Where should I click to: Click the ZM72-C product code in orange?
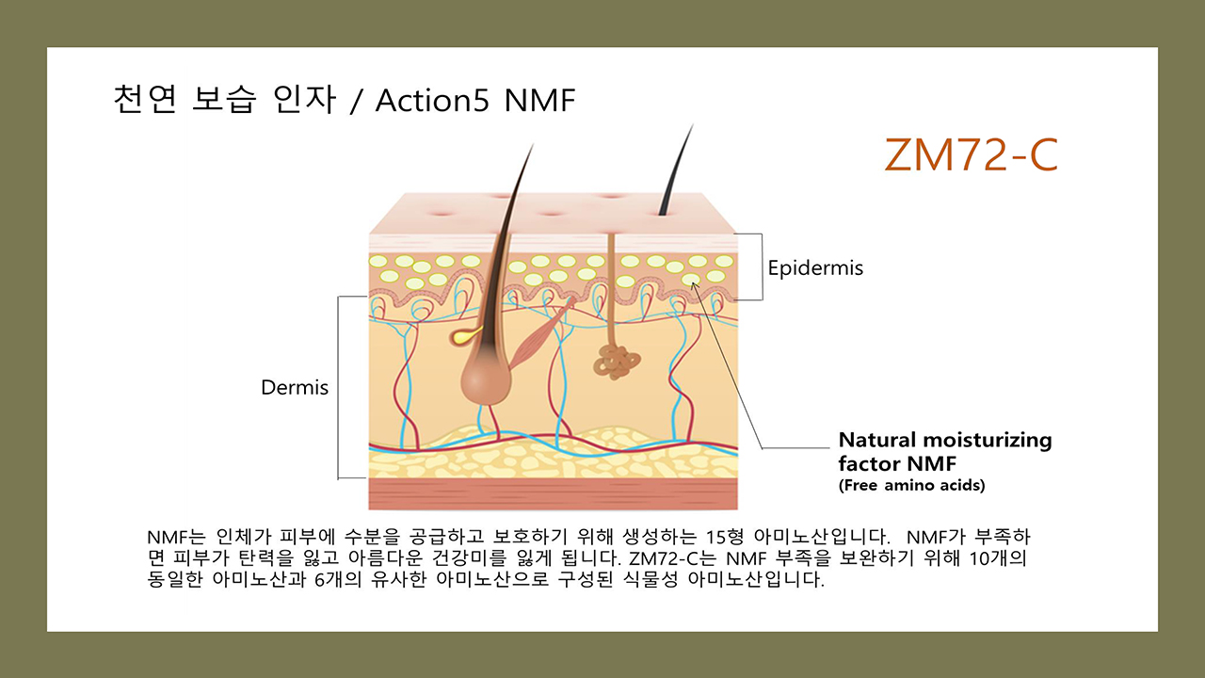point(971,155)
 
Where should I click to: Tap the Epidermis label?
point(815,268)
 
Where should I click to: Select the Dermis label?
point(295,387)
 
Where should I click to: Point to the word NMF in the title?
point(539,101)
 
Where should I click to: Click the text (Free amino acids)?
point(911,486)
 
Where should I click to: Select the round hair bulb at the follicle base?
point(484,379)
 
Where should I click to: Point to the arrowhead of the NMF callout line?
point(696,283)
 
